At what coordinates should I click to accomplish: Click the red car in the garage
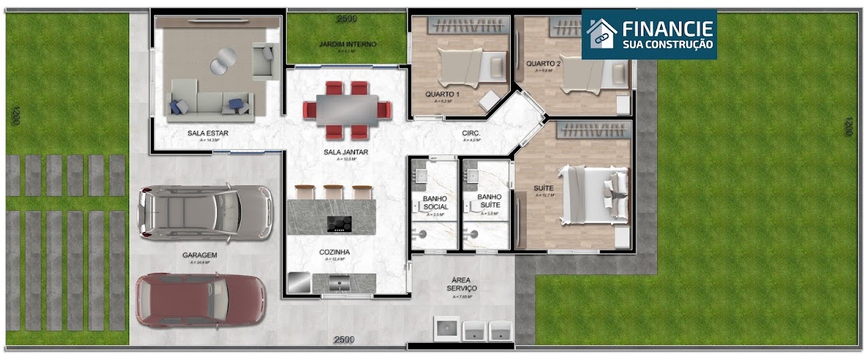point(201,300)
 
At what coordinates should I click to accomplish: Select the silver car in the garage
point(204,212)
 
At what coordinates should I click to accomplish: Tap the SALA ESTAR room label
point(207,133)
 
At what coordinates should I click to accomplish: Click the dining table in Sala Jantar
point(347,108)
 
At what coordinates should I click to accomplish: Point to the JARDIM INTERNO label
point(348,44)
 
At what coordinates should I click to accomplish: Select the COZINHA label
point(335,252)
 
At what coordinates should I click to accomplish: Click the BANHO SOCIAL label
point(435,202)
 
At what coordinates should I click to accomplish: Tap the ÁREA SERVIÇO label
point(462,284)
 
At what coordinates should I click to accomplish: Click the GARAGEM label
point(199,255)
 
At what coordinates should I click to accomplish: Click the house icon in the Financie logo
point(601,33)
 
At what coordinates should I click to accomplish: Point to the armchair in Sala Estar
point(263,59)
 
